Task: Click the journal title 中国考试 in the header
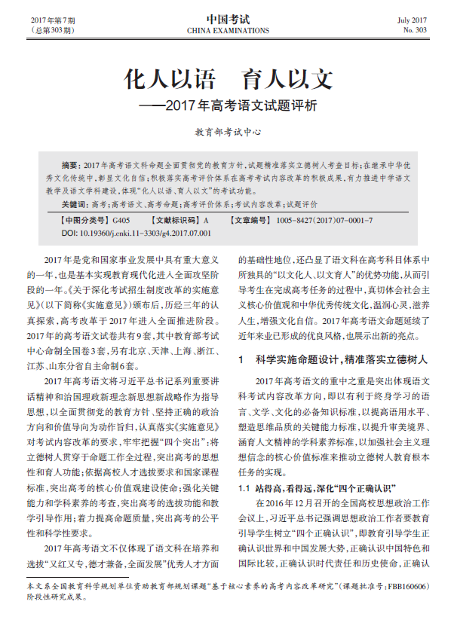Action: (x=227, y=18)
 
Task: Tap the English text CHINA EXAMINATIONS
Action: (x=227, y=31)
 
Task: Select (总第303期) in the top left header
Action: (x=54, y=31)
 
